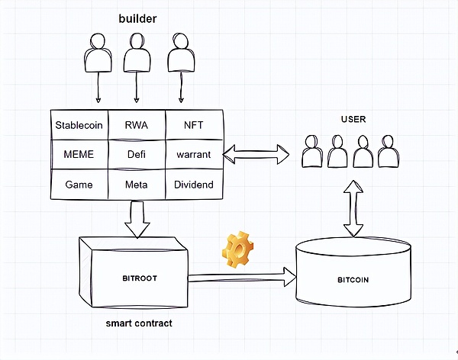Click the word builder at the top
pyautogui.click(x=137, y=18)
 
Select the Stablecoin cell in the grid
pyautogui.click(x=79, y=124)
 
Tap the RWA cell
pyautogui.click(x=137, y=124)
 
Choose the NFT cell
pyautogui.click(x=194, y=124)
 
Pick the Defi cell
pyautogui.click(x=137, y=155)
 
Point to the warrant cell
pyautogui.click(x=194, y=155)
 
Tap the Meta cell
pyautogui.click(x=137, y=185)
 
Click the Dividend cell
pyautogui.click(x=194, y=185)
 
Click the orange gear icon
pyautogui.click(x=237, y=250)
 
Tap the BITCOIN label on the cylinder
pyautogui.click(x=353, y=280)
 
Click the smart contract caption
pyautogui.click(x=139, y=323)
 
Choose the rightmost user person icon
pyautogui.click(x=387, y=152)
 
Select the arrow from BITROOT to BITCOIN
pyautogui.click(x=241, y=278)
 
